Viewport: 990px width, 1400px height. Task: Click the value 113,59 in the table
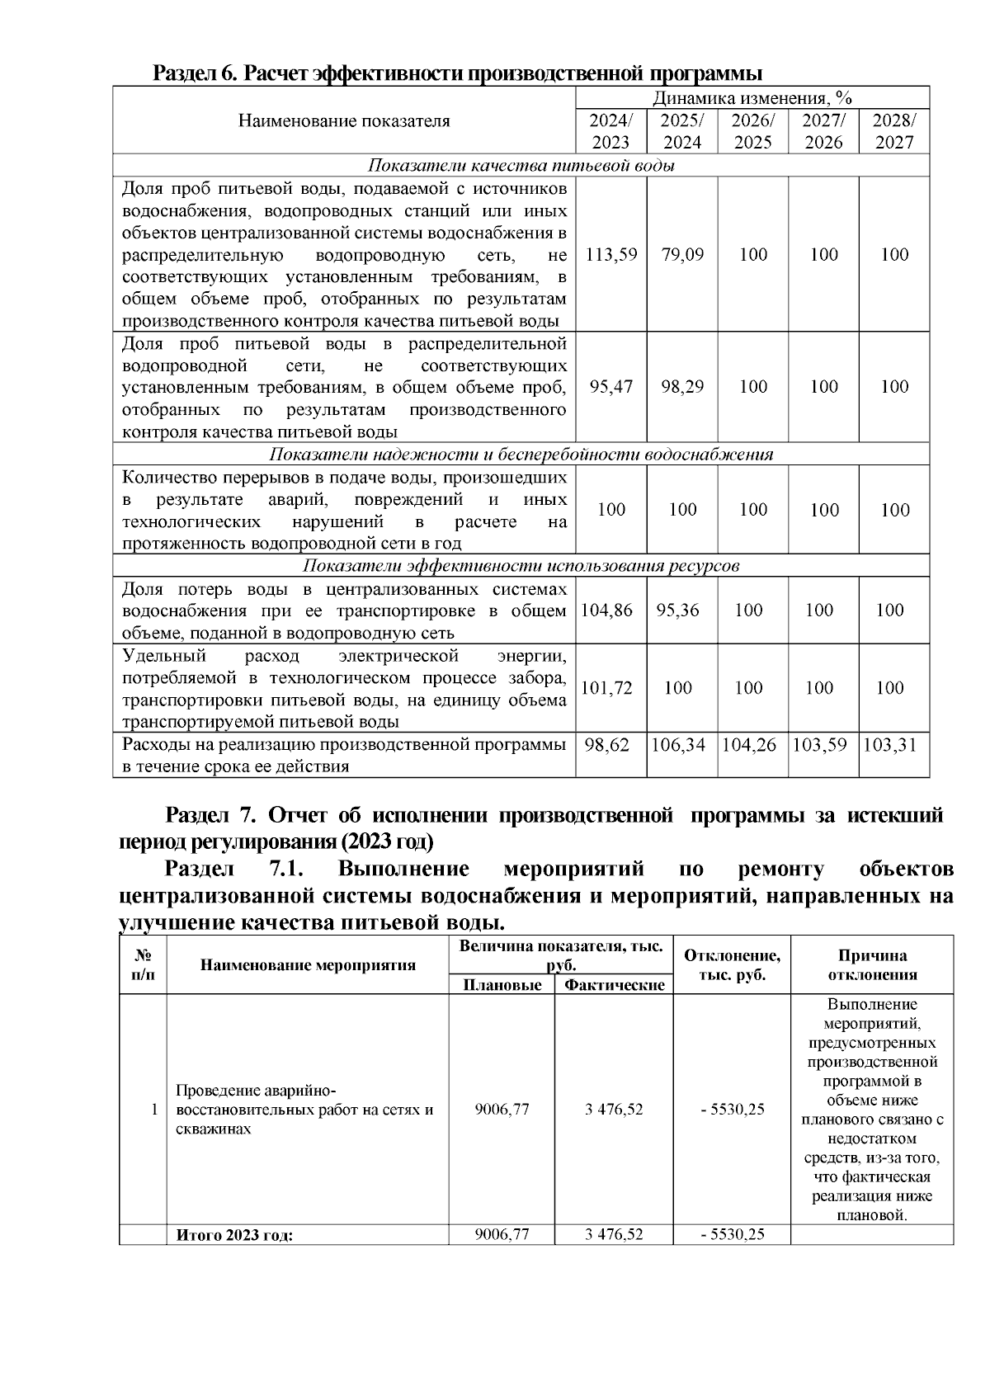point(610,254)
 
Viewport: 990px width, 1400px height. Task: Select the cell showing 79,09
point(682,254)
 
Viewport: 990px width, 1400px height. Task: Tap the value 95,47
point(610,386)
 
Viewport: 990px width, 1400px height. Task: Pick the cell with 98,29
point(682,386)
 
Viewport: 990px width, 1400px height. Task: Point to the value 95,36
point(677,610)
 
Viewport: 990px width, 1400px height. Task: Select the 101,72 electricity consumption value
point(606,687)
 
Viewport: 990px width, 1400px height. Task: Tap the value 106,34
point(678,745)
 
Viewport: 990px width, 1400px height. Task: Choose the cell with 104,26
point(749,745)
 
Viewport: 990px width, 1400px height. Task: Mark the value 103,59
point(819,745)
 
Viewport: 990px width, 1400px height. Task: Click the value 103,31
point(890,745)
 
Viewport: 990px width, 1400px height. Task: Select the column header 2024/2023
point(610,130)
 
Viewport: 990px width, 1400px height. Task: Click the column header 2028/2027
point(894,130)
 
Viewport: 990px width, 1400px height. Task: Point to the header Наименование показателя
point(344,121)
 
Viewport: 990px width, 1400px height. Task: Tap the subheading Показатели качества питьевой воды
point(521,165)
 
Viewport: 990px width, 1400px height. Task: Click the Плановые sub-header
point(502,985)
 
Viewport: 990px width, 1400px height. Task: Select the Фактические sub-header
point(614,985)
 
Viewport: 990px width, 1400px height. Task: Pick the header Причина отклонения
point(872,964)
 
